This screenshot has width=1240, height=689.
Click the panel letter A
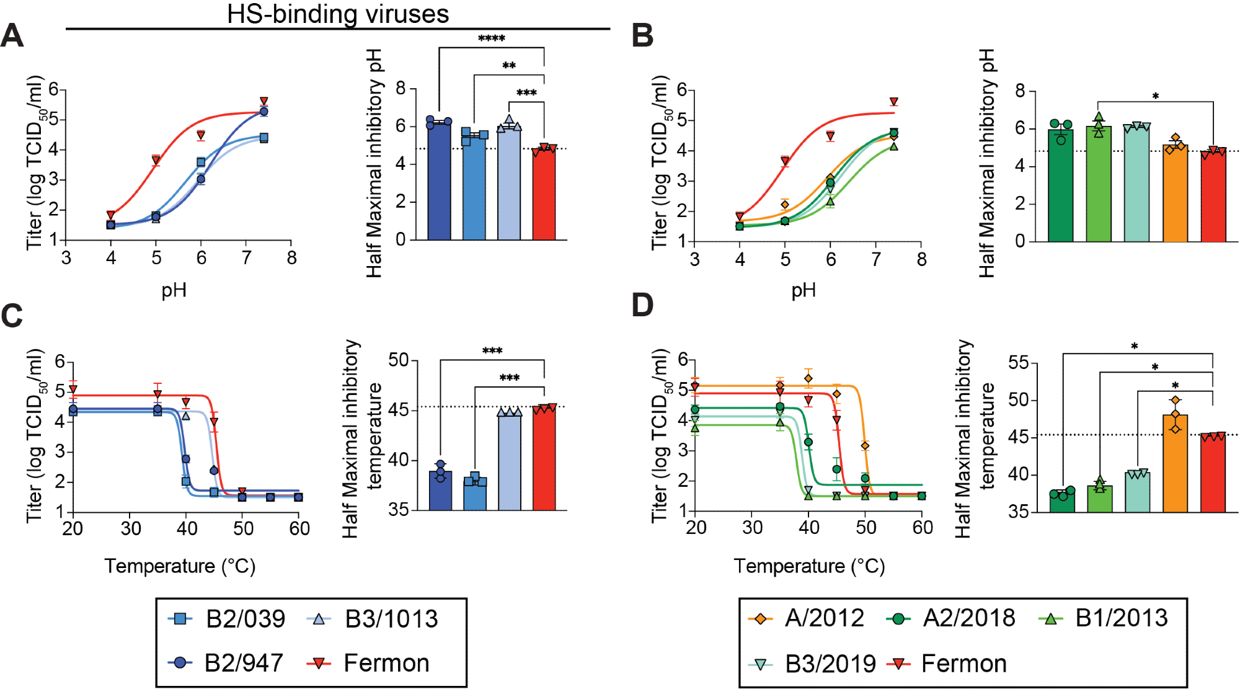pos(12,35)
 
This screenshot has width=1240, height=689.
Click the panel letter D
pos(642,305)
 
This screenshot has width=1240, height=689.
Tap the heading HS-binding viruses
pos(338,14)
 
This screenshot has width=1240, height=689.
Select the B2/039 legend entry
pos(227,619)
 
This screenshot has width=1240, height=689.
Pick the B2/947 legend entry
pos(226,663)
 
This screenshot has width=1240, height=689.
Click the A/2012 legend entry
pos(806,618)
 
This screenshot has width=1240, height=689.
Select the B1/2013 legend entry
pos(1104,618)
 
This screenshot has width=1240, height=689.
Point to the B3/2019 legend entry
pos(812,664)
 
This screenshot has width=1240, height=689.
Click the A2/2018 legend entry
pos(952,618)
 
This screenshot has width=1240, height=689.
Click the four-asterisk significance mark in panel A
pos(492,39)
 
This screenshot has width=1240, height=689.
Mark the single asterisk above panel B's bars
pos(1156,97)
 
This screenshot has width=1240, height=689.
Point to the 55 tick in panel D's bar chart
pos(1019,363)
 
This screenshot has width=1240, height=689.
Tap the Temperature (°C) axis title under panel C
pos(180,566)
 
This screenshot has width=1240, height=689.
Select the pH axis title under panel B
pos(804,290)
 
